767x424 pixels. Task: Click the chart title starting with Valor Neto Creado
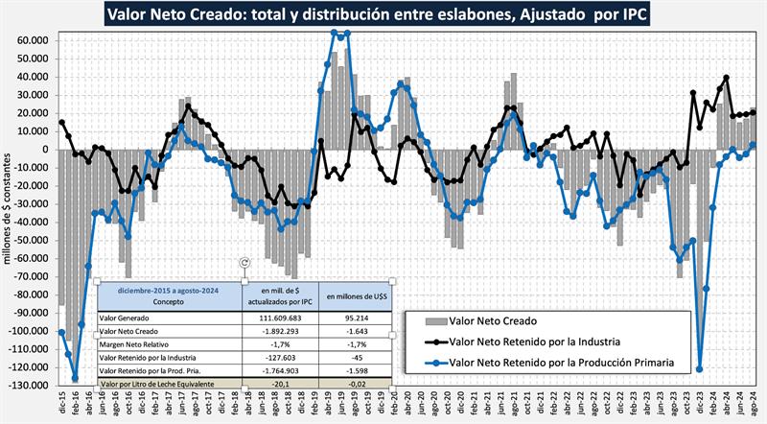pyautogui.click(x=383, y=14)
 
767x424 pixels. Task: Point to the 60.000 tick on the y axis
pyautogui.click(x=32, y=41)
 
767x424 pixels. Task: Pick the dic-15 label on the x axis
pyautogui.click(x=62, y=403)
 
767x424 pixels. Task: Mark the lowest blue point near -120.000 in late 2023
pyautogui.click(x=699, y=369)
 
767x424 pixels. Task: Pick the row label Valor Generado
pyautogui.click(x=126, y=318)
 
